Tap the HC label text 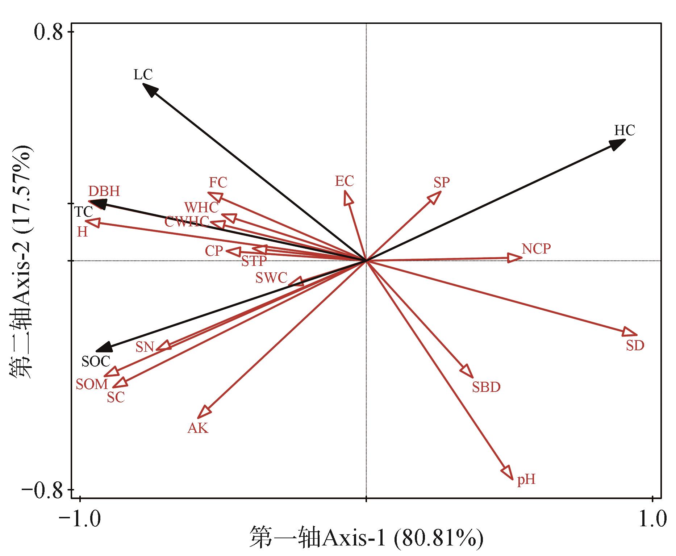tap(625, 130)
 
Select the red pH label tap(526, 480)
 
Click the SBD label tap(486, 387)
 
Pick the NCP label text tap(536, 249)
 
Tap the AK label tap(198, 428)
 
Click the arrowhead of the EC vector tap(348, 197)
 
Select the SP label tap(442, 183)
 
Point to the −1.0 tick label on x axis tap(80, 519)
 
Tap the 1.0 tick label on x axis tap(652, 519)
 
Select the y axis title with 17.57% tap(21, 261)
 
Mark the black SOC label tap(96, 361)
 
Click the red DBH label tap(104, 191)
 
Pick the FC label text tap(218, 183)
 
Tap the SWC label tap(271, 278)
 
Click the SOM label tap(92, 384)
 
